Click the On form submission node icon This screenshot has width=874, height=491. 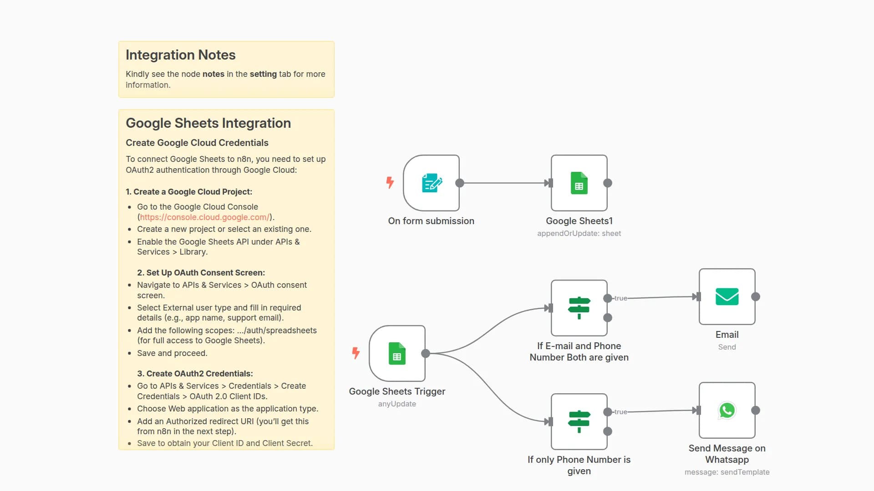(432, 183)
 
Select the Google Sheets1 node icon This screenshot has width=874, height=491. (579, 183)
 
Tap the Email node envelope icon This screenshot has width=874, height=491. (727, 296)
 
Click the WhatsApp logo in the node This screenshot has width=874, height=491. (727, 410)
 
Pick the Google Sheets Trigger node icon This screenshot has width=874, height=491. (397, 353)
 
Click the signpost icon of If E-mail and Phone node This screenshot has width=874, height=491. (579, 308)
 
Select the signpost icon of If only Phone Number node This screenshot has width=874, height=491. (579, 421)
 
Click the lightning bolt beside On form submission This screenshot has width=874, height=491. (390, 182)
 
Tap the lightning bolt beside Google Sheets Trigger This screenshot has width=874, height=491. (356, 353)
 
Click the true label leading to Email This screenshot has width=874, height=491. (620, 298)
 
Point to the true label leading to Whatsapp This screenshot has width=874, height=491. (620, 412)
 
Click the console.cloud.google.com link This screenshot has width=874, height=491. (204, 217)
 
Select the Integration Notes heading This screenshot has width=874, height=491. (180, 55)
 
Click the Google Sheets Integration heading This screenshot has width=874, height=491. (208, 123)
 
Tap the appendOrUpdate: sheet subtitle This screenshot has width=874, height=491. (579, 233)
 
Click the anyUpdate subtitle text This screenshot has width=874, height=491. (397, 404)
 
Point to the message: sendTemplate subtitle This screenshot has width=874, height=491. (727, 472)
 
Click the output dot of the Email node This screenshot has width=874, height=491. (756, 296)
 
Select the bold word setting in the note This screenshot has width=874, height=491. (263, 74)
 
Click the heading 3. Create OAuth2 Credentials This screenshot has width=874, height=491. (195, 374)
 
